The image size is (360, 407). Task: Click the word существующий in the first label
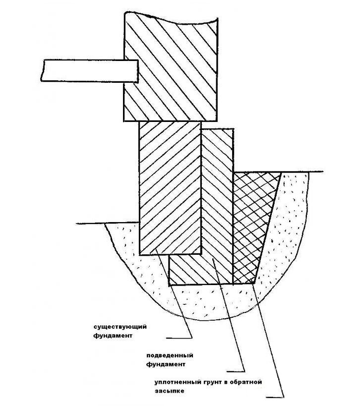pyautogui.click(x=120, y=327)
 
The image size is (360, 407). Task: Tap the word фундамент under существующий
pyautogui.click(x=113, y=335)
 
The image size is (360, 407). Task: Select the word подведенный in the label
pyautogui.click(x=170, y=355)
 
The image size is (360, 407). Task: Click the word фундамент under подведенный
pyautogui.click(x=166, y=364)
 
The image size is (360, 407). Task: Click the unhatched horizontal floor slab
pyautogui.click(x=90, y=71)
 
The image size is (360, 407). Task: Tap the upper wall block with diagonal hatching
pyautogui.click(x=171, y=67)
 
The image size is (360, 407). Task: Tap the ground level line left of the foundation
pyautogui.click(x=108, y=223)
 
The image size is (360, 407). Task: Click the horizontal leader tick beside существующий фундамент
pyautogui.click(x=179, y=338)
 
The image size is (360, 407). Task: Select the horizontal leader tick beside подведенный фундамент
pyautogui.click(x=236, y=371)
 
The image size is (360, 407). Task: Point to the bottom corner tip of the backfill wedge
pyautogui.click(x=253, y=284)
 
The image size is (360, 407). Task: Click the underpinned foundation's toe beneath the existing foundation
pyautogui.click(x=185, y=270)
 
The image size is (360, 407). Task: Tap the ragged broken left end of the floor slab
pyautogui.click(x=43, y=70)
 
